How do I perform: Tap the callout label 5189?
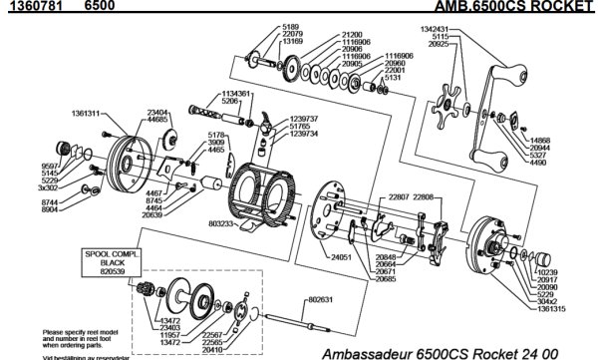[x=263, y=27]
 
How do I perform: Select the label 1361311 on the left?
[x=84, y=114]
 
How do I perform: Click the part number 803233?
[x=224, y=224]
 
